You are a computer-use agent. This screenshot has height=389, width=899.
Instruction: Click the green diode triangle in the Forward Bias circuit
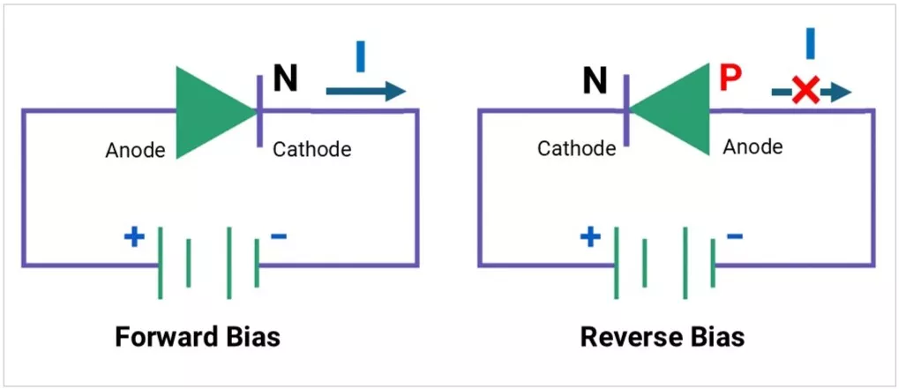click(x=207, y=112)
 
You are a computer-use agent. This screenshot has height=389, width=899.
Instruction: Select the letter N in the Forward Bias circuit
click(x=285, y=79)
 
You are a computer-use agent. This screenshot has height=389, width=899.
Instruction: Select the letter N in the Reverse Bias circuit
click(x=596, y=81)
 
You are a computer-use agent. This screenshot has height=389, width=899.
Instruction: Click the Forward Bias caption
click(x=198, y=337)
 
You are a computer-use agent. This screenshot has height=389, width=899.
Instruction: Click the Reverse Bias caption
click(x=663, y=337)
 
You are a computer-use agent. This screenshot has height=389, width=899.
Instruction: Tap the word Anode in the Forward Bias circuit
click(x=135, y=151)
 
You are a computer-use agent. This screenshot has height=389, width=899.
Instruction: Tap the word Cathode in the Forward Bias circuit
click(x=311, y=149)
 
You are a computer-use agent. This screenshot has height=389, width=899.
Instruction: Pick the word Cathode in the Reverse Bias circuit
click(x=576, y=149)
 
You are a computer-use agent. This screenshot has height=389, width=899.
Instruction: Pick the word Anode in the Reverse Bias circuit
click(x=753, y=146)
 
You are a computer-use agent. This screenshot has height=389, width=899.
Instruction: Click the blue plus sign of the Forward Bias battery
click(x=134, y=237)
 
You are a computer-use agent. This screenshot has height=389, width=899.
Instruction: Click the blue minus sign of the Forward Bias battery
click(x=278, y=236)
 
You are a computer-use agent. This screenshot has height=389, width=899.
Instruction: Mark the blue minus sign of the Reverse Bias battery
click(x=734, y=236)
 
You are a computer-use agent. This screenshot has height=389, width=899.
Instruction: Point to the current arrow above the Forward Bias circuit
click(x=365, y=91)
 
